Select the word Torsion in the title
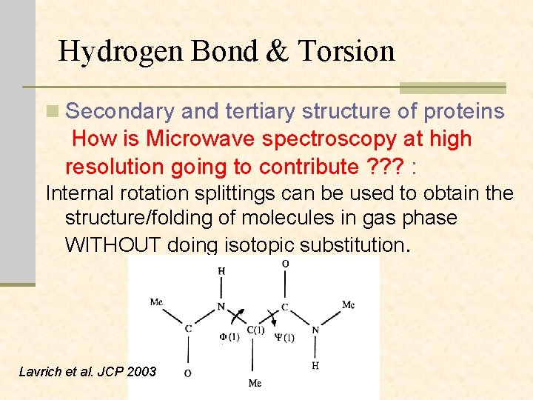[346, 51]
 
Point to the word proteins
[464, 112]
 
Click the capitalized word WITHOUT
[113, 244]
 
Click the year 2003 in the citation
[141, 371]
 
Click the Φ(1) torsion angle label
[229, 338]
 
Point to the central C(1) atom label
[255, 330]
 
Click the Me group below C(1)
[254, 383]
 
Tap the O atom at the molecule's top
[286, 264]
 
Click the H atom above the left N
[221, 271]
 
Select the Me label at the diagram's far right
[348, 304]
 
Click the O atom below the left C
[187, 373]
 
